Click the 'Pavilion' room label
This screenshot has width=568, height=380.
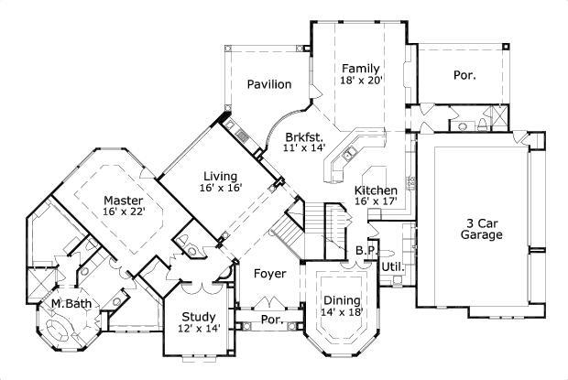tap(269, 84)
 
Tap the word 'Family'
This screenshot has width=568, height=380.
tap(360, 68)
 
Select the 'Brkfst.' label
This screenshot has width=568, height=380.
tap(304, 136)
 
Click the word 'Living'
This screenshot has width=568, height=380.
tap(221, 176)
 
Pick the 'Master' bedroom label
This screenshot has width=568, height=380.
tap(122, 200)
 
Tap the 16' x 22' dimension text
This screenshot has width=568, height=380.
tap(125, 213)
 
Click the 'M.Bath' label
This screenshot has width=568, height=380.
tap(68, 303)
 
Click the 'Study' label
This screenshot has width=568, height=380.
tap(198, 317)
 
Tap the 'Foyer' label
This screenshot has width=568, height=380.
tap(269, 273)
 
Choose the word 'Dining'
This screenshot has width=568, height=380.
tap(342, 299)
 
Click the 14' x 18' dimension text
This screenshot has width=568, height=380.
tap(342, 312)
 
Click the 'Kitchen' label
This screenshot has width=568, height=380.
tap(376, 190)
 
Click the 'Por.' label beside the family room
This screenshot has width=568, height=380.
tap(464, 75)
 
